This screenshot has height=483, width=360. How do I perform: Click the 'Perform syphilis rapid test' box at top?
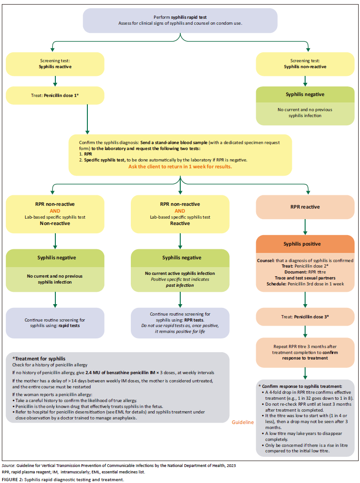180,20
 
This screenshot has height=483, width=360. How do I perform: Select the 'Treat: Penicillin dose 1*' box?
55,97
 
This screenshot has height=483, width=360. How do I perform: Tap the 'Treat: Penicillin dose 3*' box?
305,316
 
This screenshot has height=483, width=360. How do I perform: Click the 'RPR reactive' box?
305,207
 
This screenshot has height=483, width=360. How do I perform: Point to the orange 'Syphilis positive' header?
305,244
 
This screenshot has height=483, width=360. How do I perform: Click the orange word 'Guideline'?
242,423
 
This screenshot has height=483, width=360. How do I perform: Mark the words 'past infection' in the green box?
180,285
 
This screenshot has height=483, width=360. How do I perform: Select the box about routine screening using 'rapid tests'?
55,323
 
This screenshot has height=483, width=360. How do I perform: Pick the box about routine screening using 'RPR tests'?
180,323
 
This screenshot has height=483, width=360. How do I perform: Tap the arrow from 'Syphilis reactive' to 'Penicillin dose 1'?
55,80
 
